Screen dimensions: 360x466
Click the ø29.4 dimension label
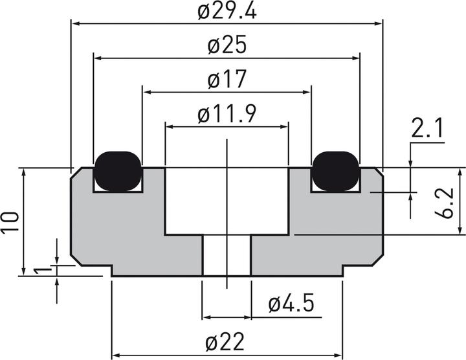(x=227, y=11)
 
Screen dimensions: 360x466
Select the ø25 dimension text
(x=227, y=46)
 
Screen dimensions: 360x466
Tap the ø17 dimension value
(x=227, y=80)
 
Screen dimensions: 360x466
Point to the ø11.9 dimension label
(x=227, y=115)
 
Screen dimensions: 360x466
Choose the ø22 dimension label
(x=227, y=341)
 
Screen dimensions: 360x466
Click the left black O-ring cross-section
(x=118, y=171)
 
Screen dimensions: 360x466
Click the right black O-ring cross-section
(x=335, y=171)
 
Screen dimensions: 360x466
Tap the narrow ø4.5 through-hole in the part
(x=227, y=256)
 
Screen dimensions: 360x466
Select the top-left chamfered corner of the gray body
(x=75, y=173)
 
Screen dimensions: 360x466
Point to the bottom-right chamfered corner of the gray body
(x=377, y=259)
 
